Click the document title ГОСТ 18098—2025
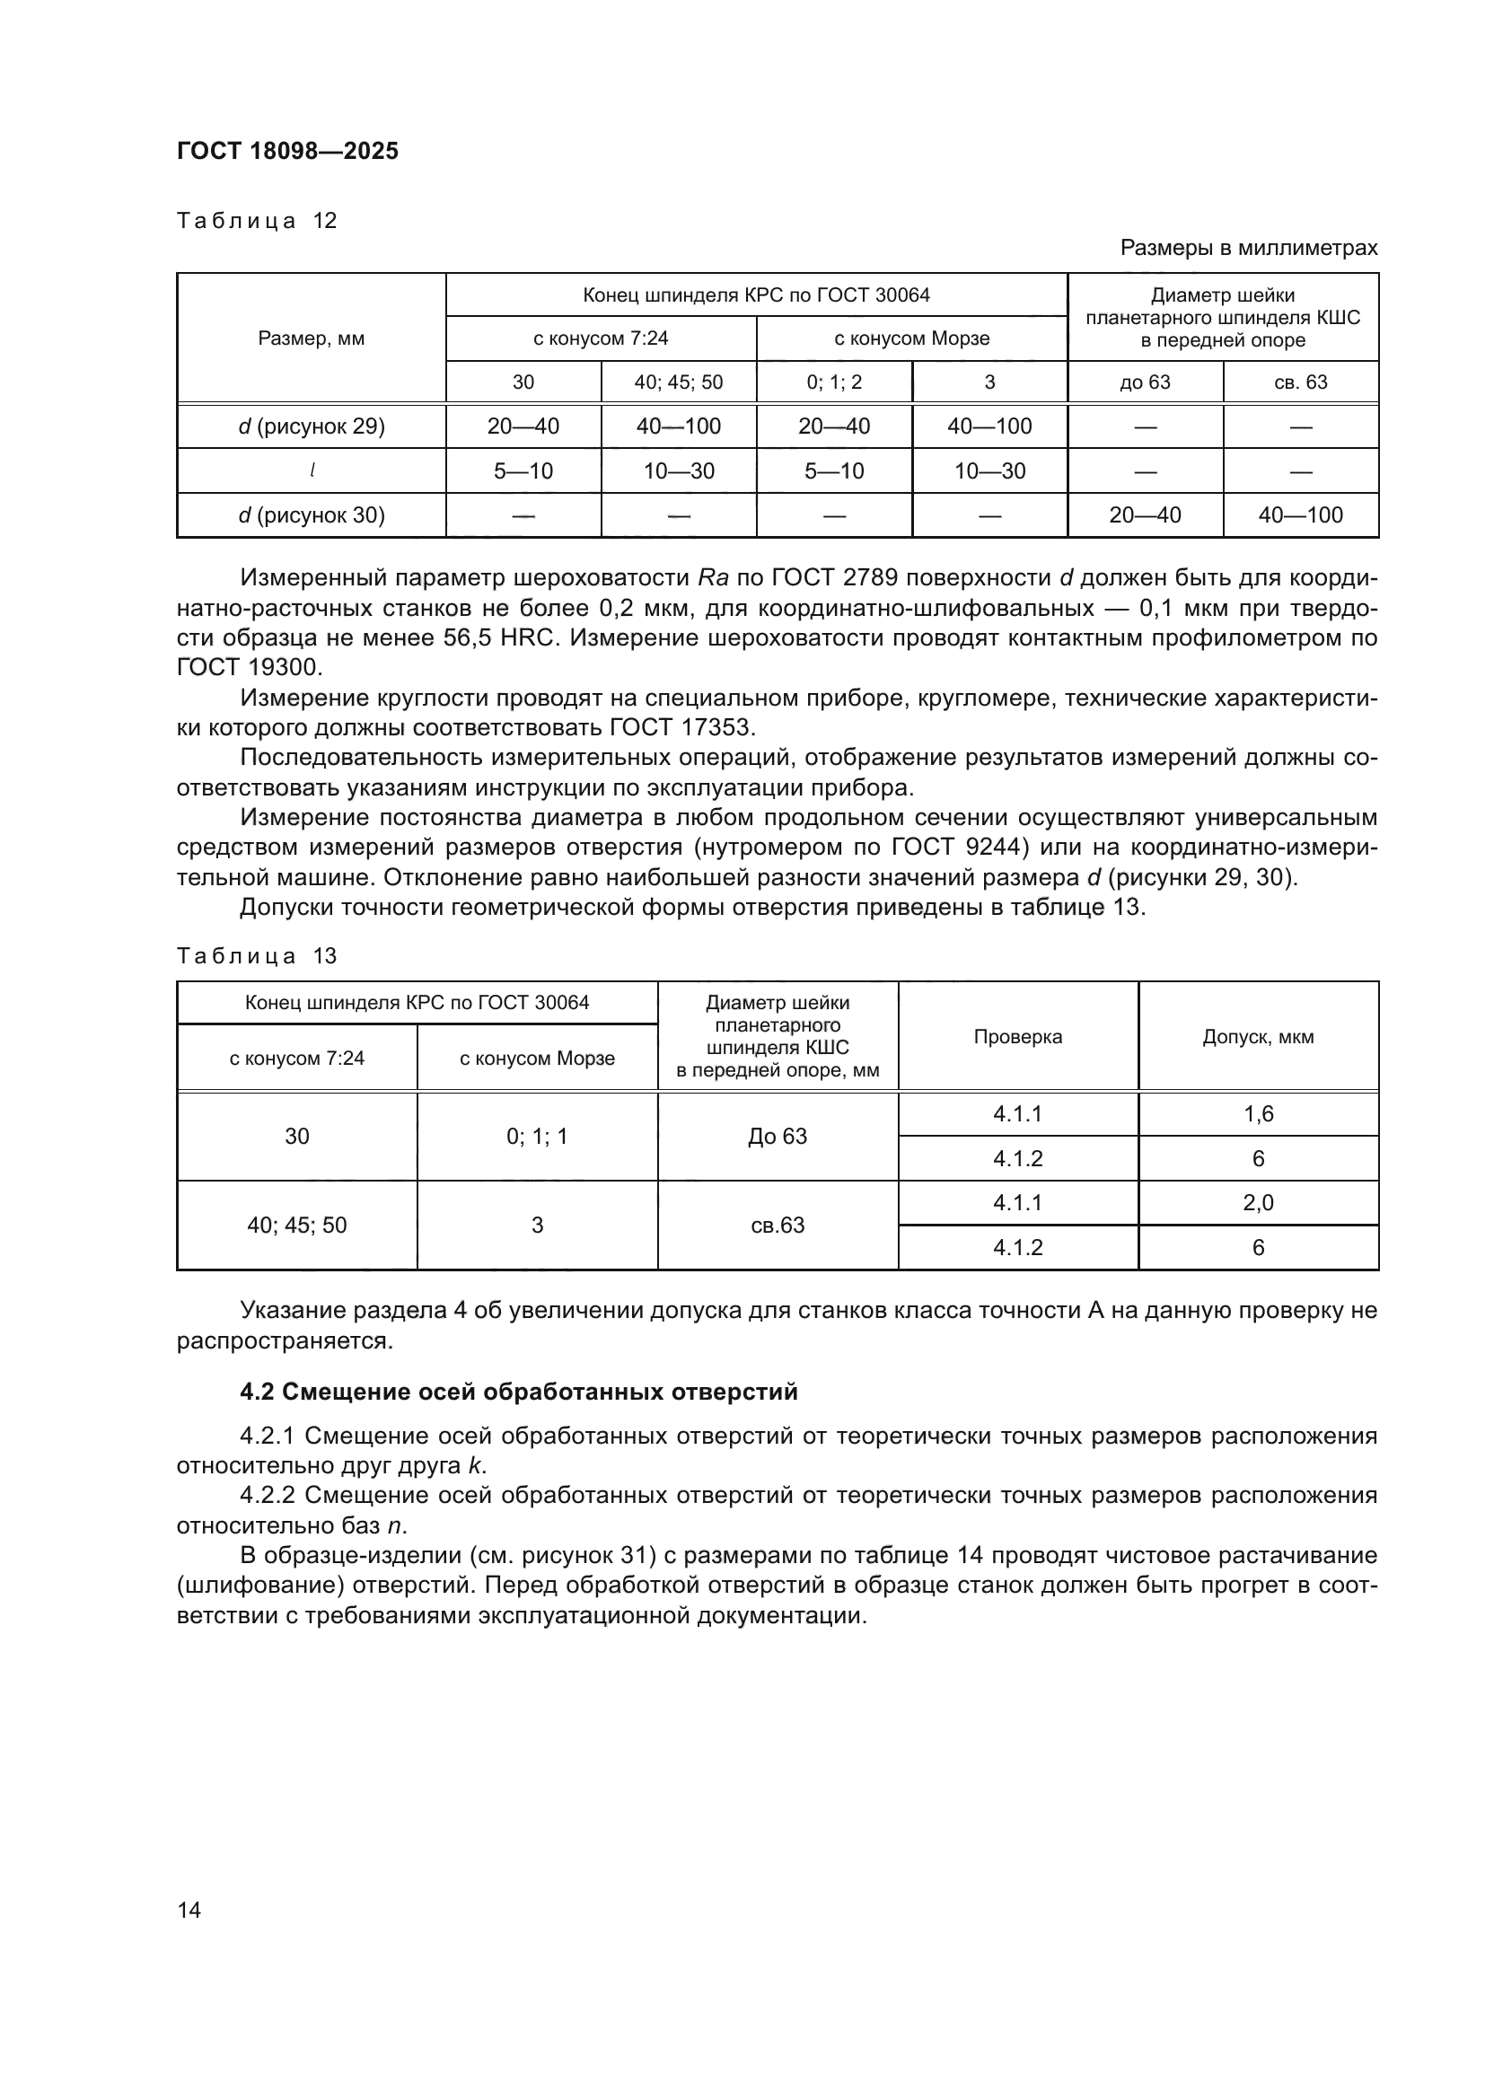pyautogui.click(x=287, y=151)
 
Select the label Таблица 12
pyautogui.click(x=257, y=221)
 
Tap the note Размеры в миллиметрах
pyautogui.click(x=1248, y=248)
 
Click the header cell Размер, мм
pyautogui.click(x=311, y=338)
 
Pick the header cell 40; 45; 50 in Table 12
pyautogui.click(x=679, y=382)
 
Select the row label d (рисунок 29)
pyautogui.click(x=311, y=426)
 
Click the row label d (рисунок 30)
pyautogui.click(x=311, y=515)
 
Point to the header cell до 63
pyautogui.click(x=1145, y=382)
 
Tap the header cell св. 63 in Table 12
pyautogui.click(x=1300, y=382)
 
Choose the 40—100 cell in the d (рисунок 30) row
pyautogui.click(x=1300, y=515)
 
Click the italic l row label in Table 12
pyautogui.click(x=312, y=471)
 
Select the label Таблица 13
pyautogui.click(x=257, y=956)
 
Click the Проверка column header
pyautogui.click(x=1018, y=1036)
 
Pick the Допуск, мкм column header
pyautogui.click(x=1257, y=1036)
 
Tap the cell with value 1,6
pyautogui.click(x=1257, y=1114)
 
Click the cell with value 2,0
pyautogui.click(x=1257, y=1203)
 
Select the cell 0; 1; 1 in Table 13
pyautogui.click(x=537, y=1136)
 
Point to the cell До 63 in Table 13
pyautogui.click(x=778, y=1136)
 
